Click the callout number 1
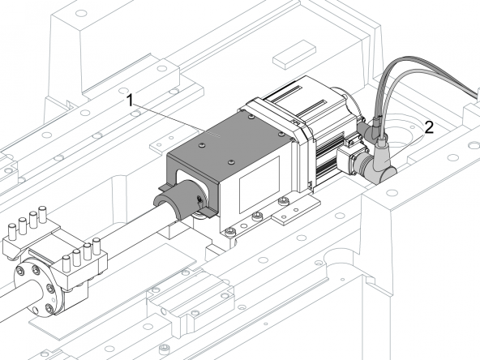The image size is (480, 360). tap(130, 101)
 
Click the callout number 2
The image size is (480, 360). tap(430, 127)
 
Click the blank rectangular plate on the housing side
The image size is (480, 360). tap(259, 184)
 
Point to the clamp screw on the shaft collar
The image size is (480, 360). tap(200, 201)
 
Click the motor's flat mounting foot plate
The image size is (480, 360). tap(296, 212)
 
